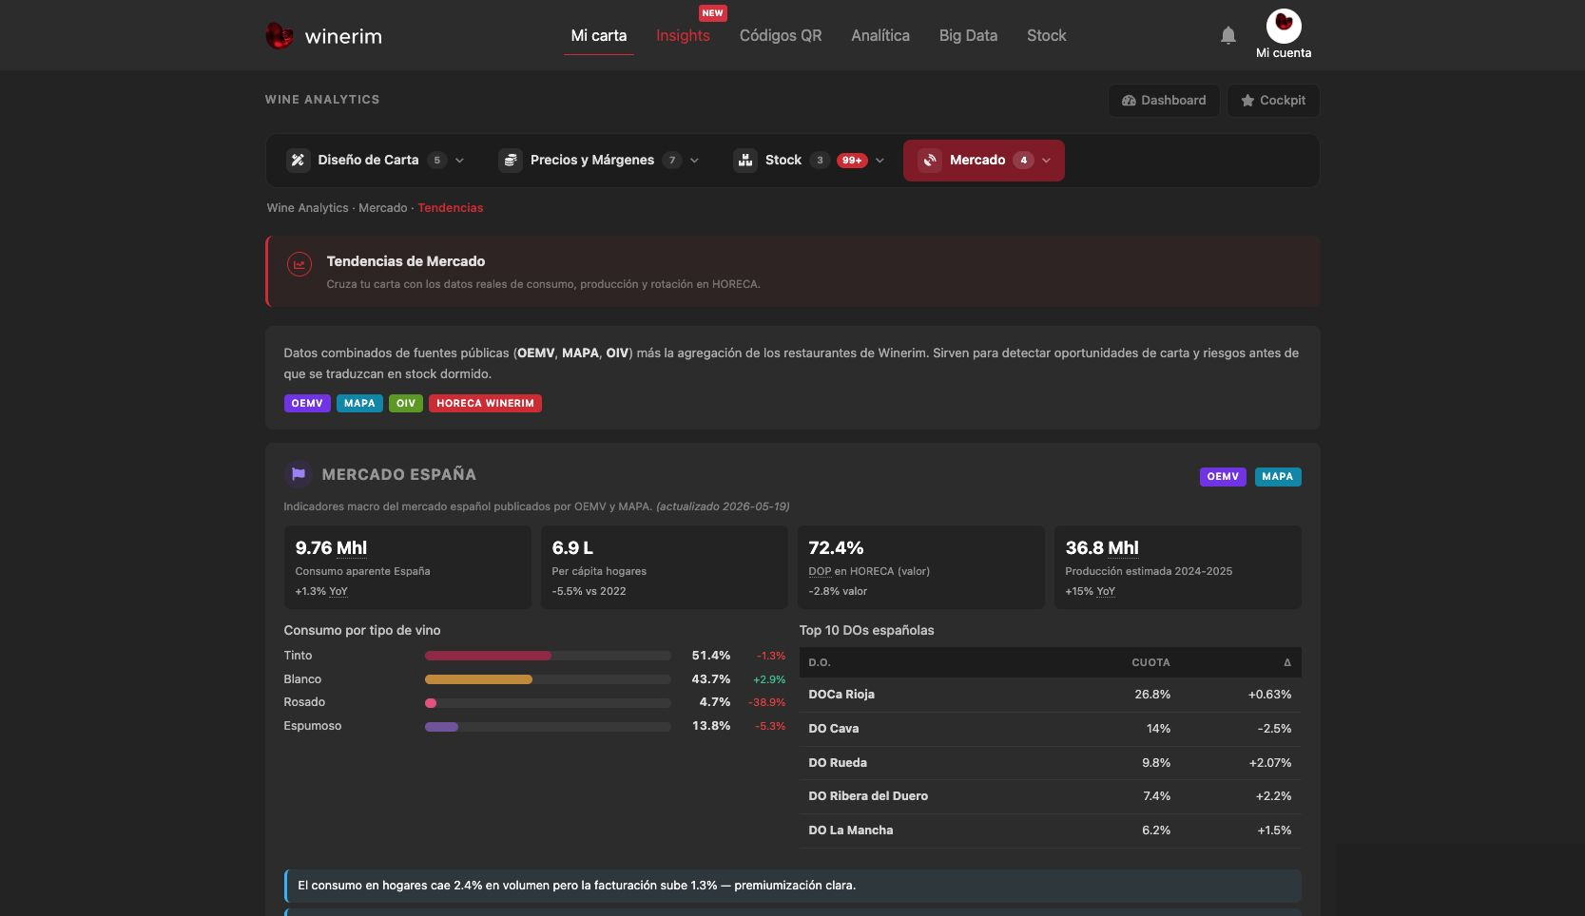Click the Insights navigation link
click(x=682, y=35)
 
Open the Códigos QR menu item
click(x=780, y=35)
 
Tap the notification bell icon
click(x=1227, y=35)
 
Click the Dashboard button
click(x=1163, y=101)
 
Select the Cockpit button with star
click(x=1273, y=101)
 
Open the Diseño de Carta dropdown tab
click(x=376, y=160)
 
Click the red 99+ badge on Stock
click(x=852, y=161)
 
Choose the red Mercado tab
click(x=983, y=160)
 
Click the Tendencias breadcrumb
click(x=450, y=208)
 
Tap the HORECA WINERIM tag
click(x=485, y=403)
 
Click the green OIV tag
click(x=405, y=403)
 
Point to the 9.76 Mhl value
click(x=331, y=547)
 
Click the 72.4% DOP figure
click(x=836, y=547)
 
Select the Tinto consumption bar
click(x=488, y=656)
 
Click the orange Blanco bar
click(x=478, y=679)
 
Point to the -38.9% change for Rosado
click(x=766, y=702)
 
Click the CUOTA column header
click(x=1150, y=663)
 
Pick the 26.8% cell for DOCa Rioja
click(x=1152, y=695)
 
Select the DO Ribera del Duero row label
click(x=867, y=795)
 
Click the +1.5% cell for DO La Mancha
click(x=1274, y=830)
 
